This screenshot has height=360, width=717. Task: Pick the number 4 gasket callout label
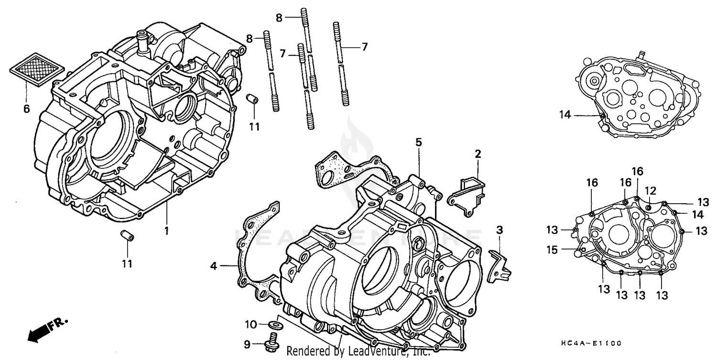pyautogui.click(x=214, y=266)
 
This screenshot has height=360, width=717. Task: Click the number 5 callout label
pyautogui.click(x=418, y=142)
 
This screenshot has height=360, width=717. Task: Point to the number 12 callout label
pyautogui.click(x=651, y=190)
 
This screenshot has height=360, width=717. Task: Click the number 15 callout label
pyautogui.click(x=552, y=249)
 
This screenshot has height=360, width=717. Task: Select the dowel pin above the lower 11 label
pyautogui.click(x=127, y=236)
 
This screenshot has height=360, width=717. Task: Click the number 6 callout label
pyautogui.click(x=26, y=109)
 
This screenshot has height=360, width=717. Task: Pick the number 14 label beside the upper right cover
pyautogui.click(x=565, y=114)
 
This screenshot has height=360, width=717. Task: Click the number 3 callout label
pyautogui.click(x=499, y=230)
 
